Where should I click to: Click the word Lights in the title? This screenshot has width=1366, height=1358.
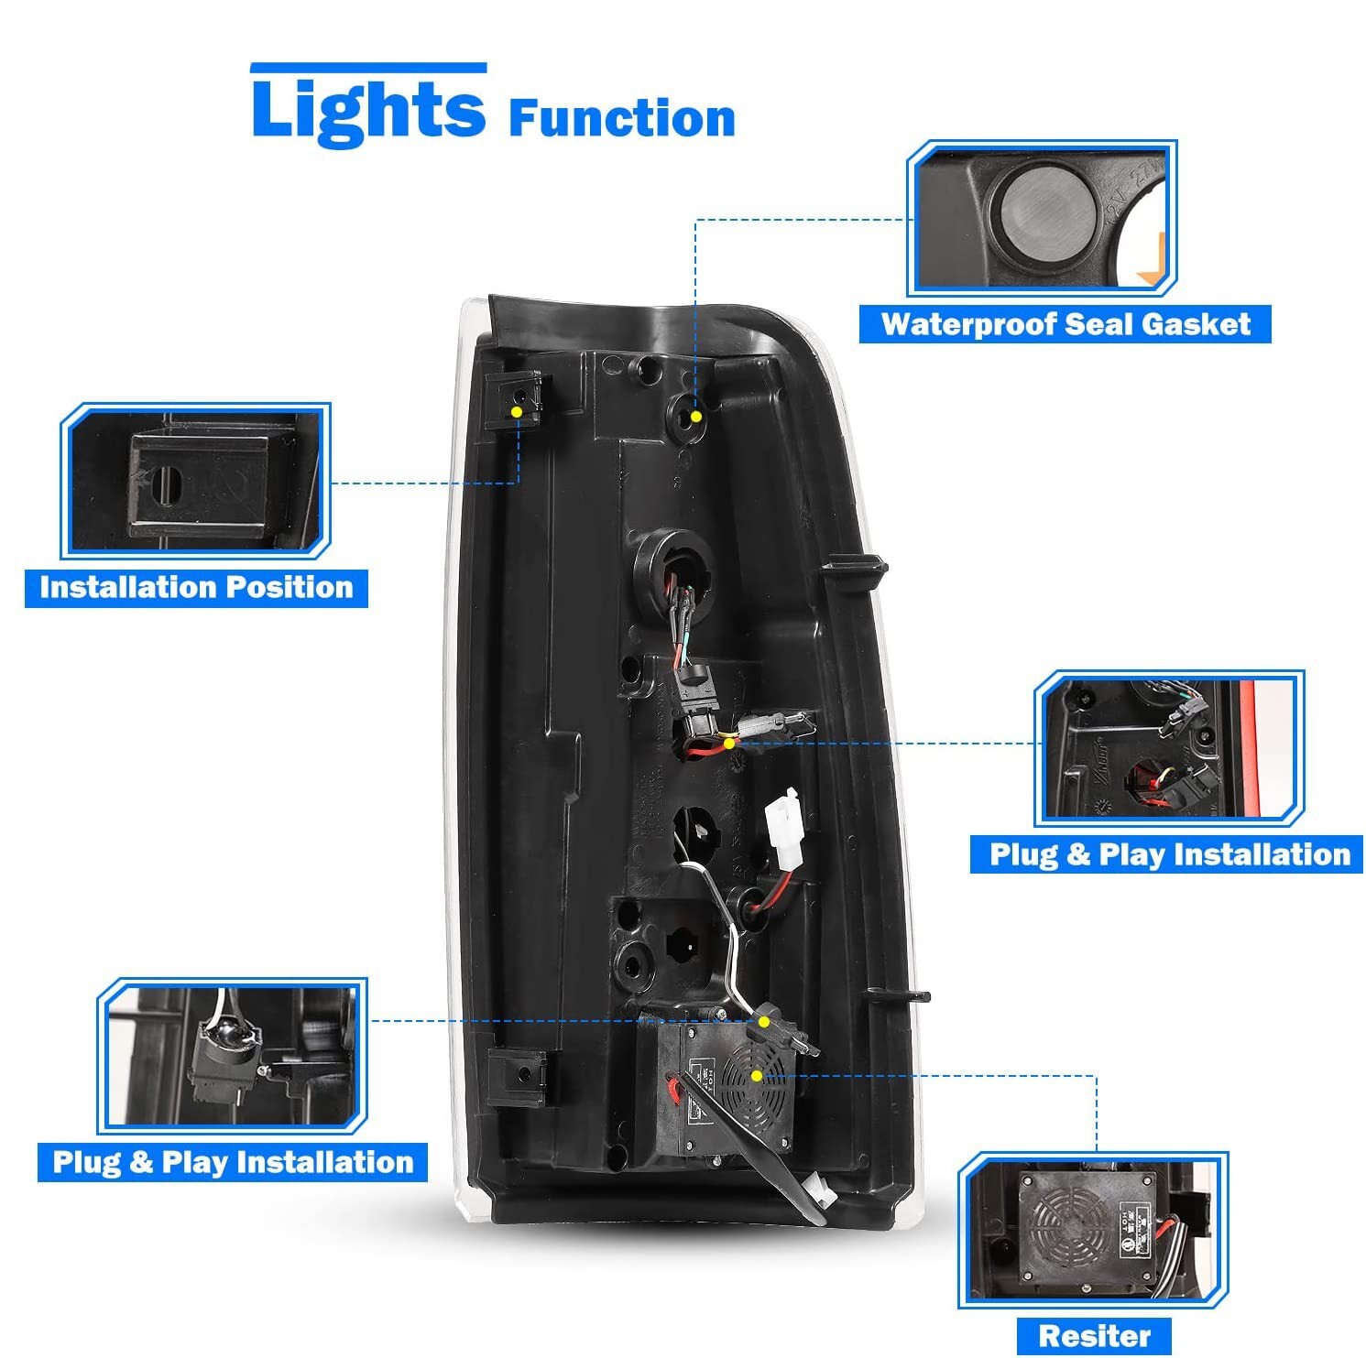367,111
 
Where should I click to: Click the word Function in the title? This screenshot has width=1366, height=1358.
621,120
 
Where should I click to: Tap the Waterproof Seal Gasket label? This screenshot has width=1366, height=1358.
1065,324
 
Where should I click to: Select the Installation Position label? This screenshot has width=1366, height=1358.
196,587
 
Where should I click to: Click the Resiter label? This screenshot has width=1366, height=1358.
1094,1336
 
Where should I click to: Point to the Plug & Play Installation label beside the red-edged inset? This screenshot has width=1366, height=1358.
1169,854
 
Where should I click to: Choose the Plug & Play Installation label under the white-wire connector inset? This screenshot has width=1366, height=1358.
233,1162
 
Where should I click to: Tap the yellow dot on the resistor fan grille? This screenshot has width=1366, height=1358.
756,1075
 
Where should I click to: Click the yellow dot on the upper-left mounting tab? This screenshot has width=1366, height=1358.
517,413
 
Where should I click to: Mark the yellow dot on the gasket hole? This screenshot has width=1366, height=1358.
696,417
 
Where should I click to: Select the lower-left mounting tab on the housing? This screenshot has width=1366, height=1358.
516,1077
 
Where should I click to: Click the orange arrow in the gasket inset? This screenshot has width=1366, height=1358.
1152,259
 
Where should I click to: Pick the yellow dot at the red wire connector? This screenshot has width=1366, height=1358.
729,743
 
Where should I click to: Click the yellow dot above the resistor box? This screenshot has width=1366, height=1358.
763,1020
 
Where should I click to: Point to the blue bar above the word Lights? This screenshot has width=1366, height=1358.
368,67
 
